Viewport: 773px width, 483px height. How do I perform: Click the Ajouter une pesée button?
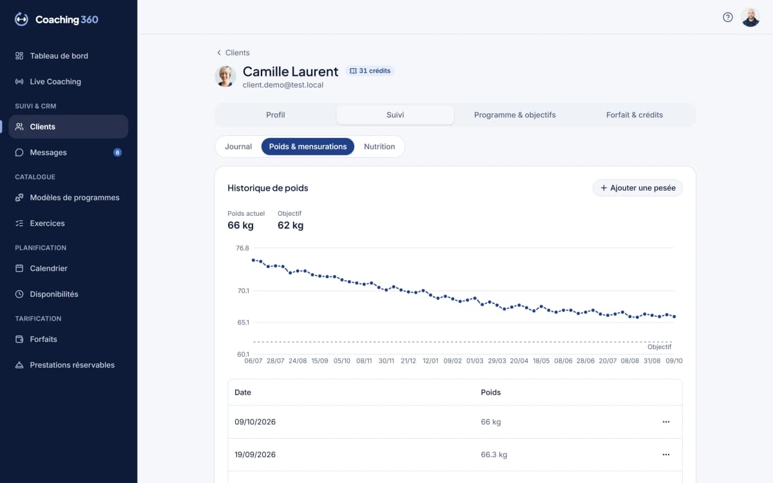(637, 187)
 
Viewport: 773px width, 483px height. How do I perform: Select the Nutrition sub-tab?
(379, 147)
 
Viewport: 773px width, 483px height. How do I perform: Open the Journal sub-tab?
(238, 147)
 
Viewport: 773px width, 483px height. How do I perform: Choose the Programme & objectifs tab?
(515, 115)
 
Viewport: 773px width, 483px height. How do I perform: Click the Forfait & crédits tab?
(635, 115)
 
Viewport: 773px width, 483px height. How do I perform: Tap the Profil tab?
(276, 115)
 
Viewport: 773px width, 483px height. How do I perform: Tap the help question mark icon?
(727, 17)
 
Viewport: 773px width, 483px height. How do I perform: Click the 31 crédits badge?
(370, 71)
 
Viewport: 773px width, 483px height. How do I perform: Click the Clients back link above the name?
(233, 52)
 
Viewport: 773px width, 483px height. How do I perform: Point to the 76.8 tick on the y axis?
(242, 248)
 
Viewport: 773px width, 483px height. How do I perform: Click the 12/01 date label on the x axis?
(430, 361)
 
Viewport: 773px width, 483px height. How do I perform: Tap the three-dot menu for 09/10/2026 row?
(665, 422)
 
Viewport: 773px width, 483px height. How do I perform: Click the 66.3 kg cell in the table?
(494, 455)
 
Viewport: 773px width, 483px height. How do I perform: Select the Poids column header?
(490, 392)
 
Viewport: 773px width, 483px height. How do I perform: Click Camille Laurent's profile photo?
(225, 76)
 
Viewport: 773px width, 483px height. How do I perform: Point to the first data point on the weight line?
(253, 260)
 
